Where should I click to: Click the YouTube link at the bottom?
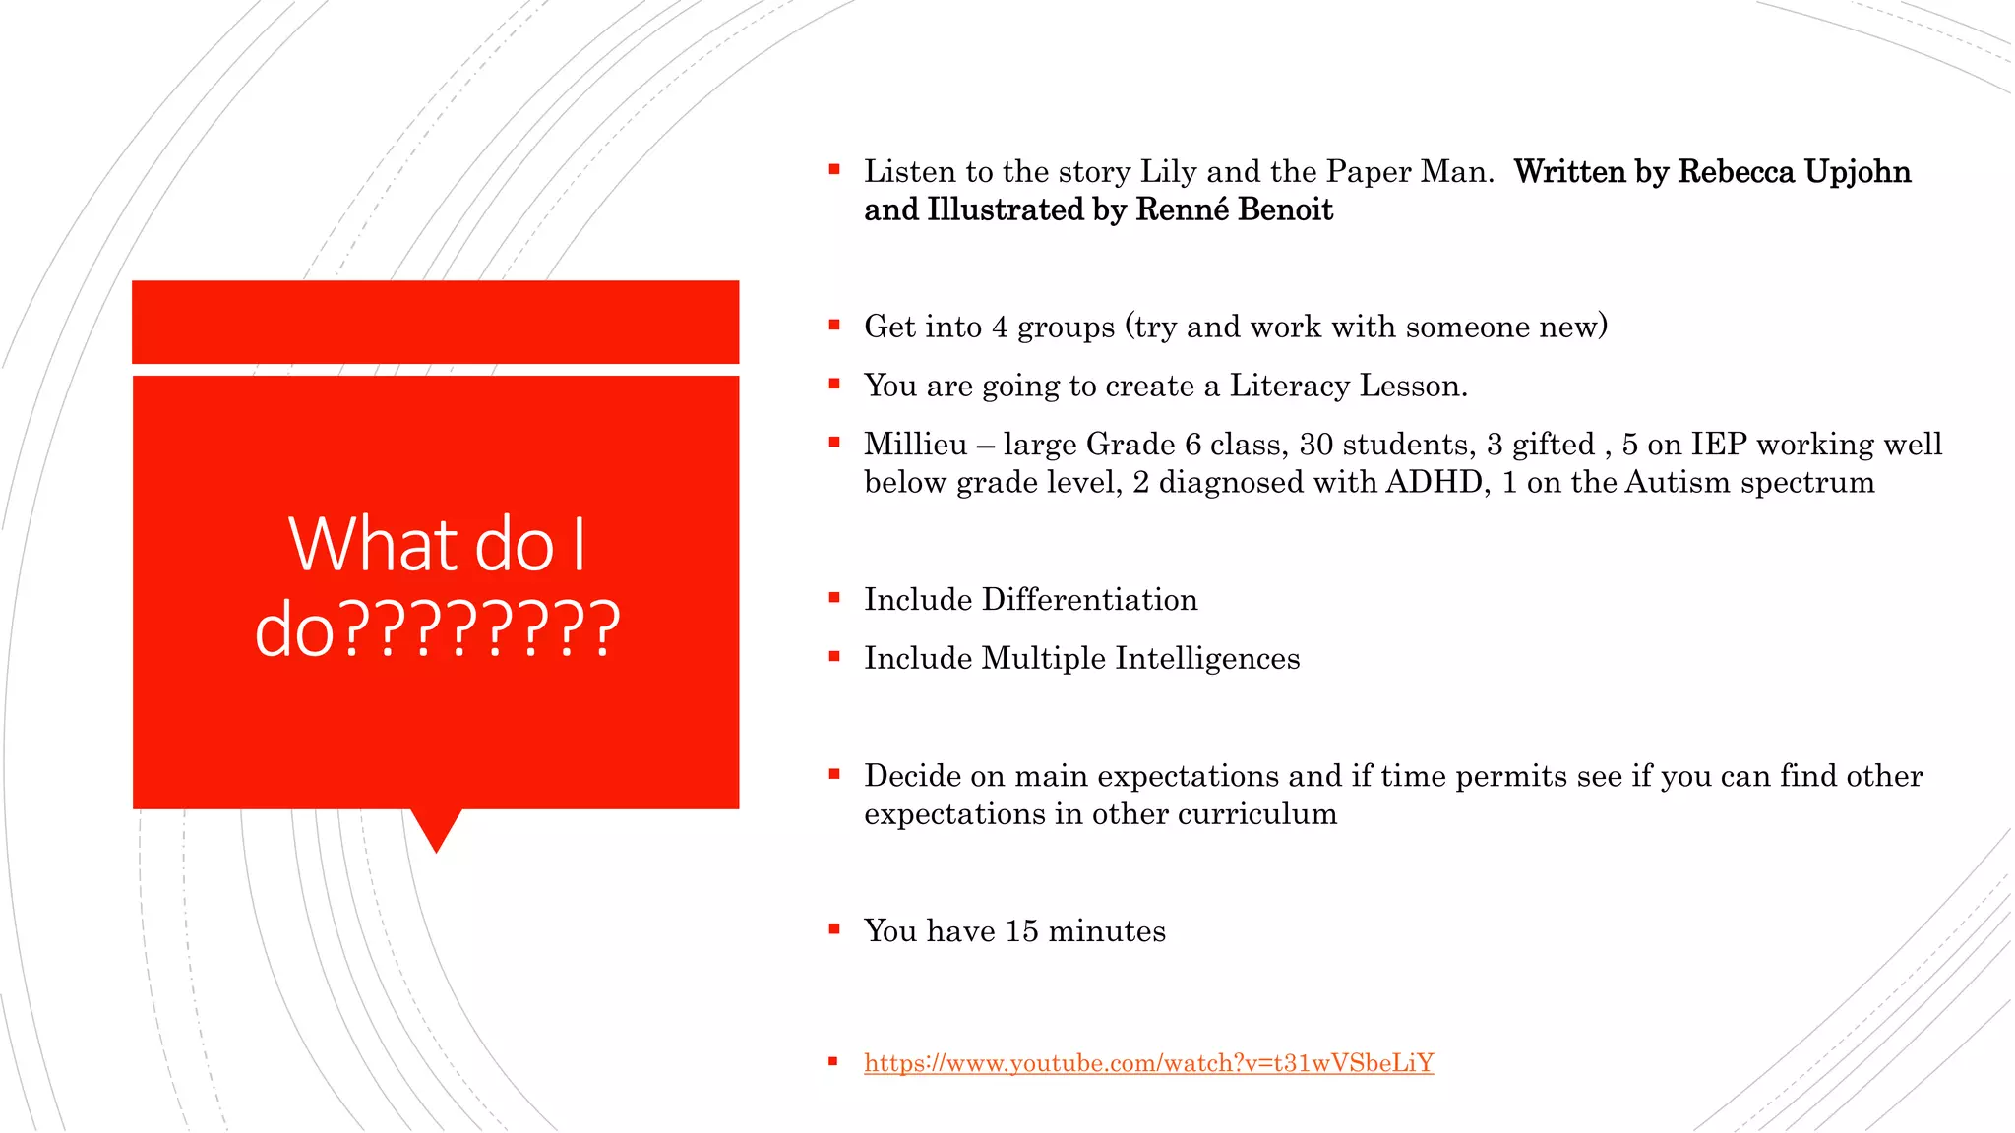(1148, 1063)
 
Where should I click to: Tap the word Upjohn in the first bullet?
(1858, 172)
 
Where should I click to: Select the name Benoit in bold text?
(1285, 210)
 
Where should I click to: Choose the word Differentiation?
(1089, 600)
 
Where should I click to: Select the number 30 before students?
(1315, 445)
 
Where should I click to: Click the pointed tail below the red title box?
(436, 829)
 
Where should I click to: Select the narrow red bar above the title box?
(435, 322)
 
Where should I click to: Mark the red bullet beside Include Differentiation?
(834, 598)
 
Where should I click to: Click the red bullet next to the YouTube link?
(833, 1061)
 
